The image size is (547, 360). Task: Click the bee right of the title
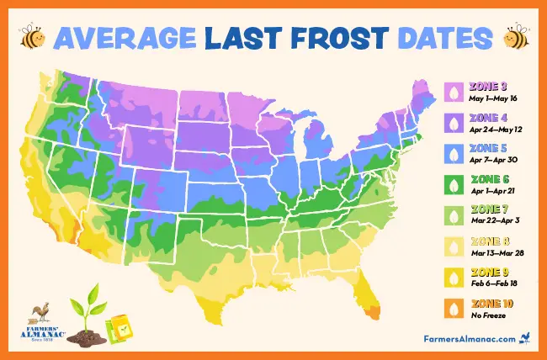coord(514,38)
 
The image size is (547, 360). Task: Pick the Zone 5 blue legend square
coord(455,153)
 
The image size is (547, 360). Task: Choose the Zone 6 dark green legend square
coord(455,183)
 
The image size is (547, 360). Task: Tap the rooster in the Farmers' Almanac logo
coord(36,315)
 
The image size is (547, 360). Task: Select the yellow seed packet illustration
coord(117,329)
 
